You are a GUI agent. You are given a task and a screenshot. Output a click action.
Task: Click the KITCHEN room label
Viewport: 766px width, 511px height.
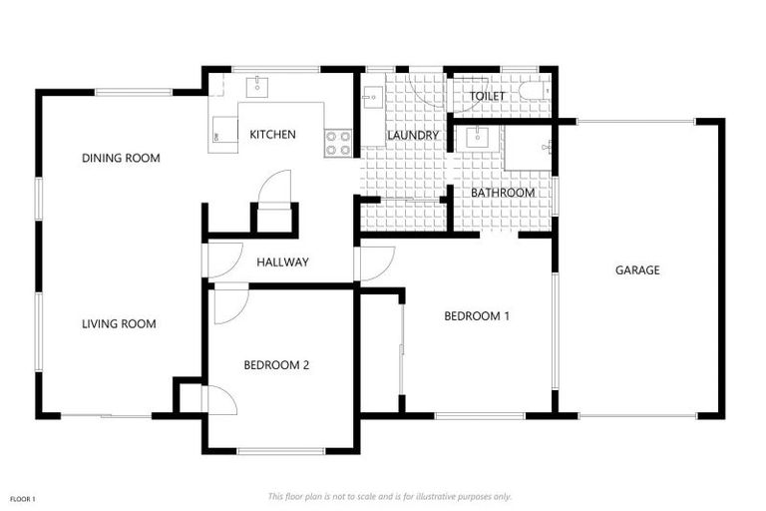tap(272, 134)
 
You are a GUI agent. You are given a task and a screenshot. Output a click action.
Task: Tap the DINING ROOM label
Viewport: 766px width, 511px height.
tap(121, 158)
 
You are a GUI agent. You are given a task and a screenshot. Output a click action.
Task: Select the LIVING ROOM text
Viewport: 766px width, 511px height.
tap(119, 323)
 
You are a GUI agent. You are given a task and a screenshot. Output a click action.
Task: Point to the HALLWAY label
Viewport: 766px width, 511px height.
tap(282, 262)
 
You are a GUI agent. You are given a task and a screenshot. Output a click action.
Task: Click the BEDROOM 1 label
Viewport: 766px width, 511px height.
tap(477, 316)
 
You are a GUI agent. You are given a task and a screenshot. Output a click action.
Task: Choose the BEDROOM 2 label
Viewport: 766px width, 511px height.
tap(276, 365)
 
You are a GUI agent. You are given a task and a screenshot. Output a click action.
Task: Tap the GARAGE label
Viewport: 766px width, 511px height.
tap(637, 269)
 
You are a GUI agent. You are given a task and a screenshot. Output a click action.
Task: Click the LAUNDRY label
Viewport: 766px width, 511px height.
tap(413, 135)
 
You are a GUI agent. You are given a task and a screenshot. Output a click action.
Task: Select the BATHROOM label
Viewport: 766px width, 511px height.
tap(503, 193)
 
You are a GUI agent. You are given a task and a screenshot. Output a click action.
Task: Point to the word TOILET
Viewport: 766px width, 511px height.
tap(488, 97)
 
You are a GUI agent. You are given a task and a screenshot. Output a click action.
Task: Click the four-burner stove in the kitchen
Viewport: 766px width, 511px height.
tap(339, 143)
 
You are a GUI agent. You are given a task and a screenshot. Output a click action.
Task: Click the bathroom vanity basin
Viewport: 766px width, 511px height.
tap(477, 137)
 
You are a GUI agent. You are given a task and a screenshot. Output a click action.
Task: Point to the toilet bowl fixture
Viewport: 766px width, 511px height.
tap(539, 91)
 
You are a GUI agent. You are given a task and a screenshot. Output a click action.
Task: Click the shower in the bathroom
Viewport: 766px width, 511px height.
tap(529, 150)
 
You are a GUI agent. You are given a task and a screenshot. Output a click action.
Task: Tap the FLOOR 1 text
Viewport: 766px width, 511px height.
tap(22, 498)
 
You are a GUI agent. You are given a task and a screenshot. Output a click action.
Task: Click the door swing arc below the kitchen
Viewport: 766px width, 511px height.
tap(275, 187)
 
